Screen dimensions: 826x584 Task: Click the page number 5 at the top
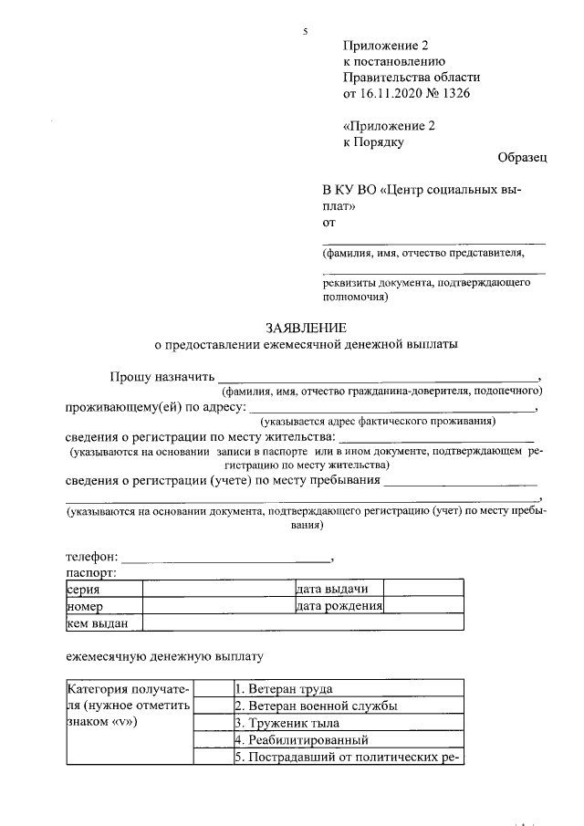point(305,32)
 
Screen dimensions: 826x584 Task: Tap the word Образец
point(522,158)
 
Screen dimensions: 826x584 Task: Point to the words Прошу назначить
point(162,376)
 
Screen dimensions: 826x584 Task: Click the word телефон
point(90,555)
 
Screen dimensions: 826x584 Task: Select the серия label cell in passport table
point(103,590)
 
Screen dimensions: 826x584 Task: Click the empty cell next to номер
point(217,606)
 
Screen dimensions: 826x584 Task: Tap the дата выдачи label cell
point(338,590)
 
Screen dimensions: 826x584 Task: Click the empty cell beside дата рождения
point(422,606)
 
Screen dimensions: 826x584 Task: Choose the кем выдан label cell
point(103,623)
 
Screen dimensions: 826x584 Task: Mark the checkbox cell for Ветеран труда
point(211,688)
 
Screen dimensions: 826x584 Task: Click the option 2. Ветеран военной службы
point(315,706)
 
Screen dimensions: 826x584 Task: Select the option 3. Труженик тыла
point(292,723)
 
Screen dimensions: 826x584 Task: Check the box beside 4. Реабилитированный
point(211,739)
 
